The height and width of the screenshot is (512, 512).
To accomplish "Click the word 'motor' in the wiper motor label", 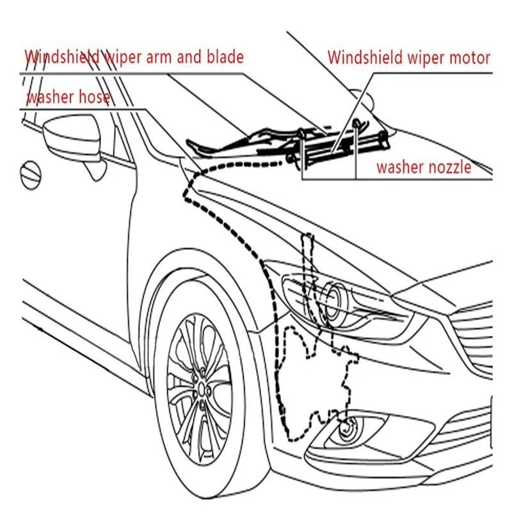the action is coord(470,58).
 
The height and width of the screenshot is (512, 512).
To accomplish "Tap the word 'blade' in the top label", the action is coord(225,57).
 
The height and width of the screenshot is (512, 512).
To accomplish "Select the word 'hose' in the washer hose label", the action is coord(94,97).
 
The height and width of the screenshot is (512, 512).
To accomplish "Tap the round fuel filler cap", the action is coord(30,175).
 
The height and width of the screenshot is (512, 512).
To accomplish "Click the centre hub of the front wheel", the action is coord(202,390).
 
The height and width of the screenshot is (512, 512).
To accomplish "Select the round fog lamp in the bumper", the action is coord(348,428).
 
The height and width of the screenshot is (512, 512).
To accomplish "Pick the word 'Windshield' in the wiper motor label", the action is coord(365,58).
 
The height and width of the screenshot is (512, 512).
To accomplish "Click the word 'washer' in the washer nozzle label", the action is coord(399,167).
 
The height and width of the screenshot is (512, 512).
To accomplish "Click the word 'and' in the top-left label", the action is coord(189,57).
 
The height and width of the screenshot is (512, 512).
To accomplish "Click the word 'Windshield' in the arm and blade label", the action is coord(62,57).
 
